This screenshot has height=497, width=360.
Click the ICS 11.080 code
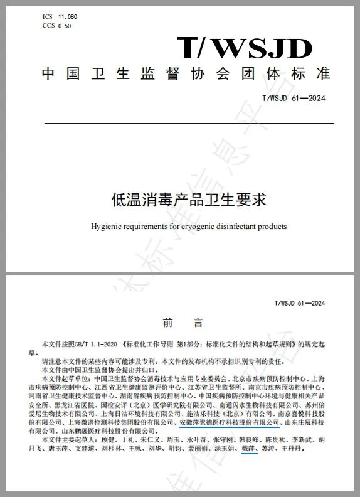coord(55,17)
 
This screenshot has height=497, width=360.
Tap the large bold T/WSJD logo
coord(244,48)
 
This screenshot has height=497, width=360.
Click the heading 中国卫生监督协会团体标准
coord(186,73)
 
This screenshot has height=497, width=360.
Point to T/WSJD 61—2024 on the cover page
coord(294,98)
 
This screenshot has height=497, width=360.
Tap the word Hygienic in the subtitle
coord(109,226)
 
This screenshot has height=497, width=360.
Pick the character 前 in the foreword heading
coord(167,323)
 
